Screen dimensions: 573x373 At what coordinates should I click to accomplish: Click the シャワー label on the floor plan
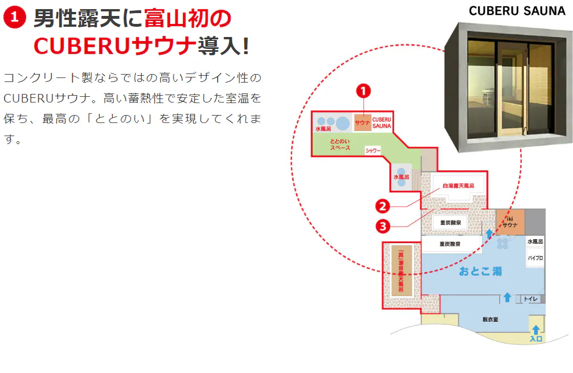(373, 150)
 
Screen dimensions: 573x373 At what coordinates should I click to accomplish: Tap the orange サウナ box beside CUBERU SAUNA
(362, 123)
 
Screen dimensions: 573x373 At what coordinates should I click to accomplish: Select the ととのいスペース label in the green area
(340, 144)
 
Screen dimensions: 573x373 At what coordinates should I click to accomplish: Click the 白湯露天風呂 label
(459, 186)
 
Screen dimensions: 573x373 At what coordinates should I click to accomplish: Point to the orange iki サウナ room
(510, 222)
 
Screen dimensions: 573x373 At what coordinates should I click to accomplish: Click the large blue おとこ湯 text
(480, 271)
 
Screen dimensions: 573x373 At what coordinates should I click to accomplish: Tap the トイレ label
(531, 299)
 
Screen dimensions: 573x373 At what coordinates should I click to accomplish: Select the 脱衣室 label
(490, 319)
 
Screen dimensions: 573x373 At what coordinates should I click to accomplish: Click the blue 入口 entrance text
(536, 339)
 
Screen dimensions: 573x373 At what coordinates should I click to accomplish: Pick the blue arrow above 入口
(536, 330)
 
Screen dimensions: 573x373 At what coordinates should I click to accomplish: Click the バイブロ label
(535, 258)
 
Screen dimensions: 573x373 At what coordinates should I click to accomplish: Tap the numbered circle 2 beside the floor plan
(383, 206)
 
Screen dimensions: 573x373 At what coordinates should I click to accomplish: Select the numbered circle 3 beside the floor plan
(383, 227)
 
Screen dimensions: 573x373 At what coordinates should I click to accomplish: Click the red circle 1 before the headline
(15, 17)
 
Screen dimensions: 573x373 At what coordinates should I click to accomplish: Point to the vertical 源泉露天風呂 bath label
(401, 270)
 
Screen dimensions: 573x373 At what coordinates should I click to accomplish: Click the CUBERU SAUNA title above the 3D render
(517, 11)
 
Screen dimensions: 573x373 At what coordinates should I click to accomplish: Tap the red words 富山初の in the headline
(188, 18)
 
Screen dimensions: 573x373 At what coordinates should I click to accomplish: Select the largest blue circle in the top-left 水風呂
(343, 124)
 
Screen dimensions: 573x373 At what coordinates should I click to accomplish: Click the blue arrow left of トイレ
(507, 297)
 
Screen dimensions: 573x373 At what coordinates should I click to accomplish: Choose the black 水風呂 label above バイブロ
(535, 241)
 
